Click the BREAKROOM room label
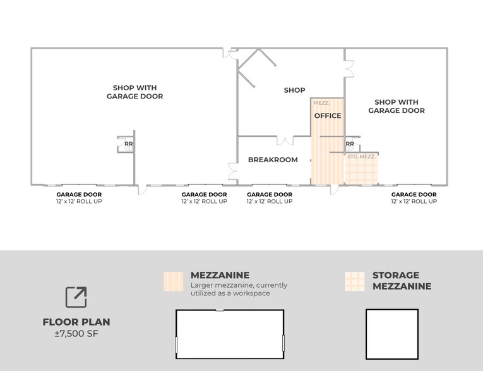pyautogui.click(x=273, y=160)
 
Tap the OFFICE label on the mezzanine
pyautogui.click(x=328, y=115)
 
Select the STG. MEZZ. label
pyautogui.click(x=361, y=156)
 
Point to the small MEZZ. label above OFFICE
pyautogui.click(x=321, y=103)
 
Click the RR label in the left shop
pyautogui.click(x=129, y=144)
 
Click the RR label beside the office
pyautogui.click(x=350, y=144)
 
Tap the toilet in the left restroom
pyautogui.click(x=129, y=149)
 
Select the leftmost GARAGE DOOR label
pyautogui.click(x=79, y=194)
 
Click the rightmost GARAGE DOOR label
pyautogui.click(x=414, y=194)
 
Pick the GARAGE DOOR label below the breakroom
pyautogui.click(x=270, y=194)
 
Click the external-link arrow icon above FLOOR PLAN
pyautogui.click(x=76, y=297)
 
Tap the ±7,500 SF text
pyautogui.click(x=76, y=334)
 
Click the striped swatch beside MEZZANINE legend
pyautogui.click(x=174, y=281)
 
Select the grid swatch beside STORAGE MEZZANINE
pyautogui.click(x=355, y=281)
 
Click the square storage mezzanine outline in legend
pyautogui.click(x=366, y=334)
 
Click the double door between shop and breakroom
pyautogui.click(x=285, y=140)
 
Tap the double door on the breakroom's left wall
pyautogui.click(x=233, y=172)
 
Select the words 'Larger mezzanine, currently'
pyautogui.click(x=239, y=285)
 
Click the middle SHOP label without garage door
pyautogui.click(x=294, y=90)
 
